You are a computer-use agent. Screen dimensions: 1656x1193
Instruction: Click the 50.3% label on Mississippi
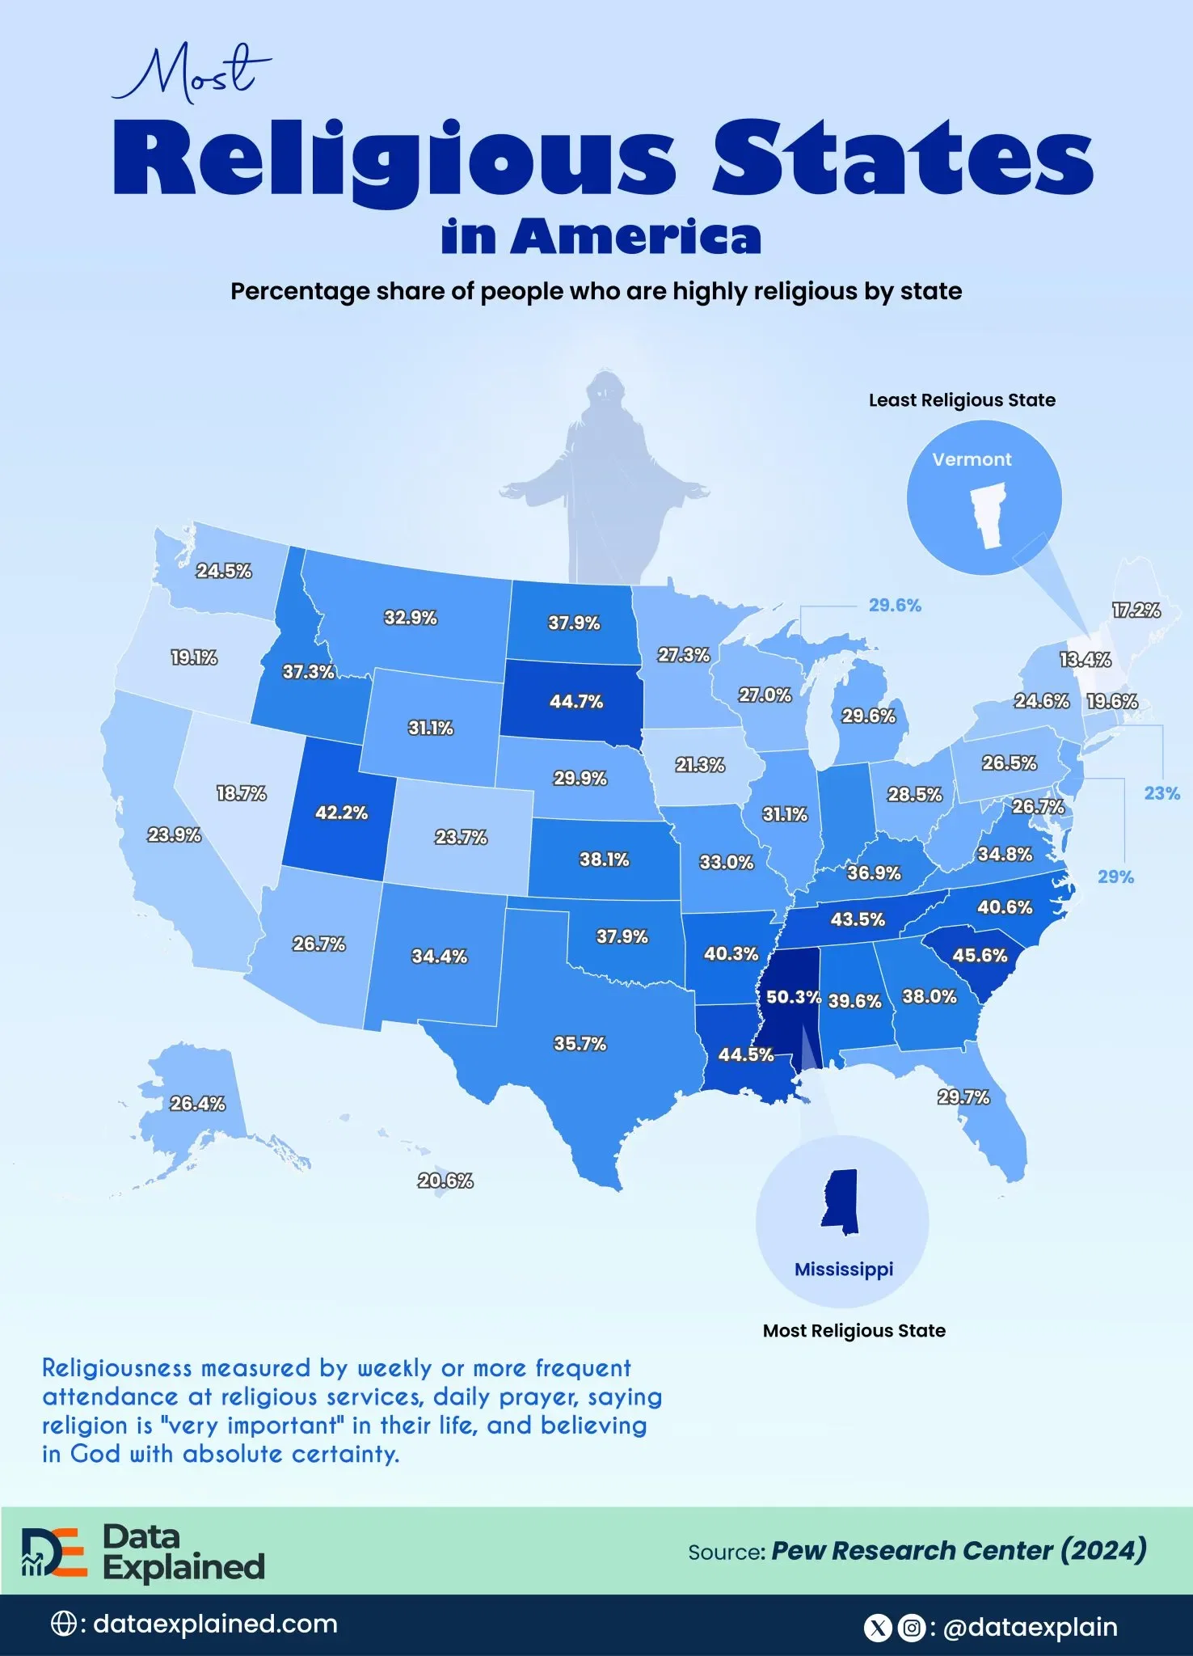click(x=793, y=997)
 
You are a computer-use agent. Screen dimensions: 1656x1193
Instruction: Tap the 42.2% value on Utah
click(x=341, y=812)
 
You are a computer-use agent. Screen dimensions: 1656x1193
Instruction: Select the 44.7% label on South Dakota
click(x=575, y=701)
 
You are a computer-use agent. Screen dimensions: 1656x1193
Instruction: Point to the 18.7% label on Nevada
click(x=241, y=793)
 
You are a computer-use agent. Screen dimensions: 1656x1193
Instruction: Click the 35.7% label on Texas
click(x=580, y=1043)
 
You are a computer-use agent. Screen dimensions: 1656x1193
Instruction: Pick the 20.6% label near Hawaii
click(x=445, y=1181)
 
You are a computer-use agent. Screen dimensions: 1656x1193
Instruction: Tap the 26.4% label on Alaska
click(x=197, y=1104)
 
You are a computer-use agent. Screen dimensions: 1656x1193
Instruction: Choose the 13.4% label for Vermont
click(x=1085, y=659)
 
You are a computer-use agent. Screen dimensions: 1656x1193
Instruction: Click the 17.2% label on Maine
click(x=1136, y=610)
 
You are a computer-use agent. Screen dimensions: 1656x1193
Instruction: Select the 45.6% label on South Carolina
click(x=980, y=955)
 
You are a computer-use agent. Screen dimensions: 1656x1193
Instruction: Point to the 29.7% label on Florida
click(x=963, y=1097)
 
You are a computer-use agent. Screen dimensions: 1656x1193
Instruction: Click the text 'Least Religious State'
click(x=962, y=400)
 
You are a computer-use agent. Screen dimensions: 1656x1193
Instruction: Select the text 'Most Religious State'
click(x=854, y=1330)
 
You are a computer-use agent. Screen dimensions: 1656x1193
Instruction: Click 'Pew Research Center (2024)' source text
click(x=959, y=1550)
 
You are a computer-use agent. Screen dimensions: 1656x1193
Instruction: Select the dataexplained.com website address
click(x=215, y=1624)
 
